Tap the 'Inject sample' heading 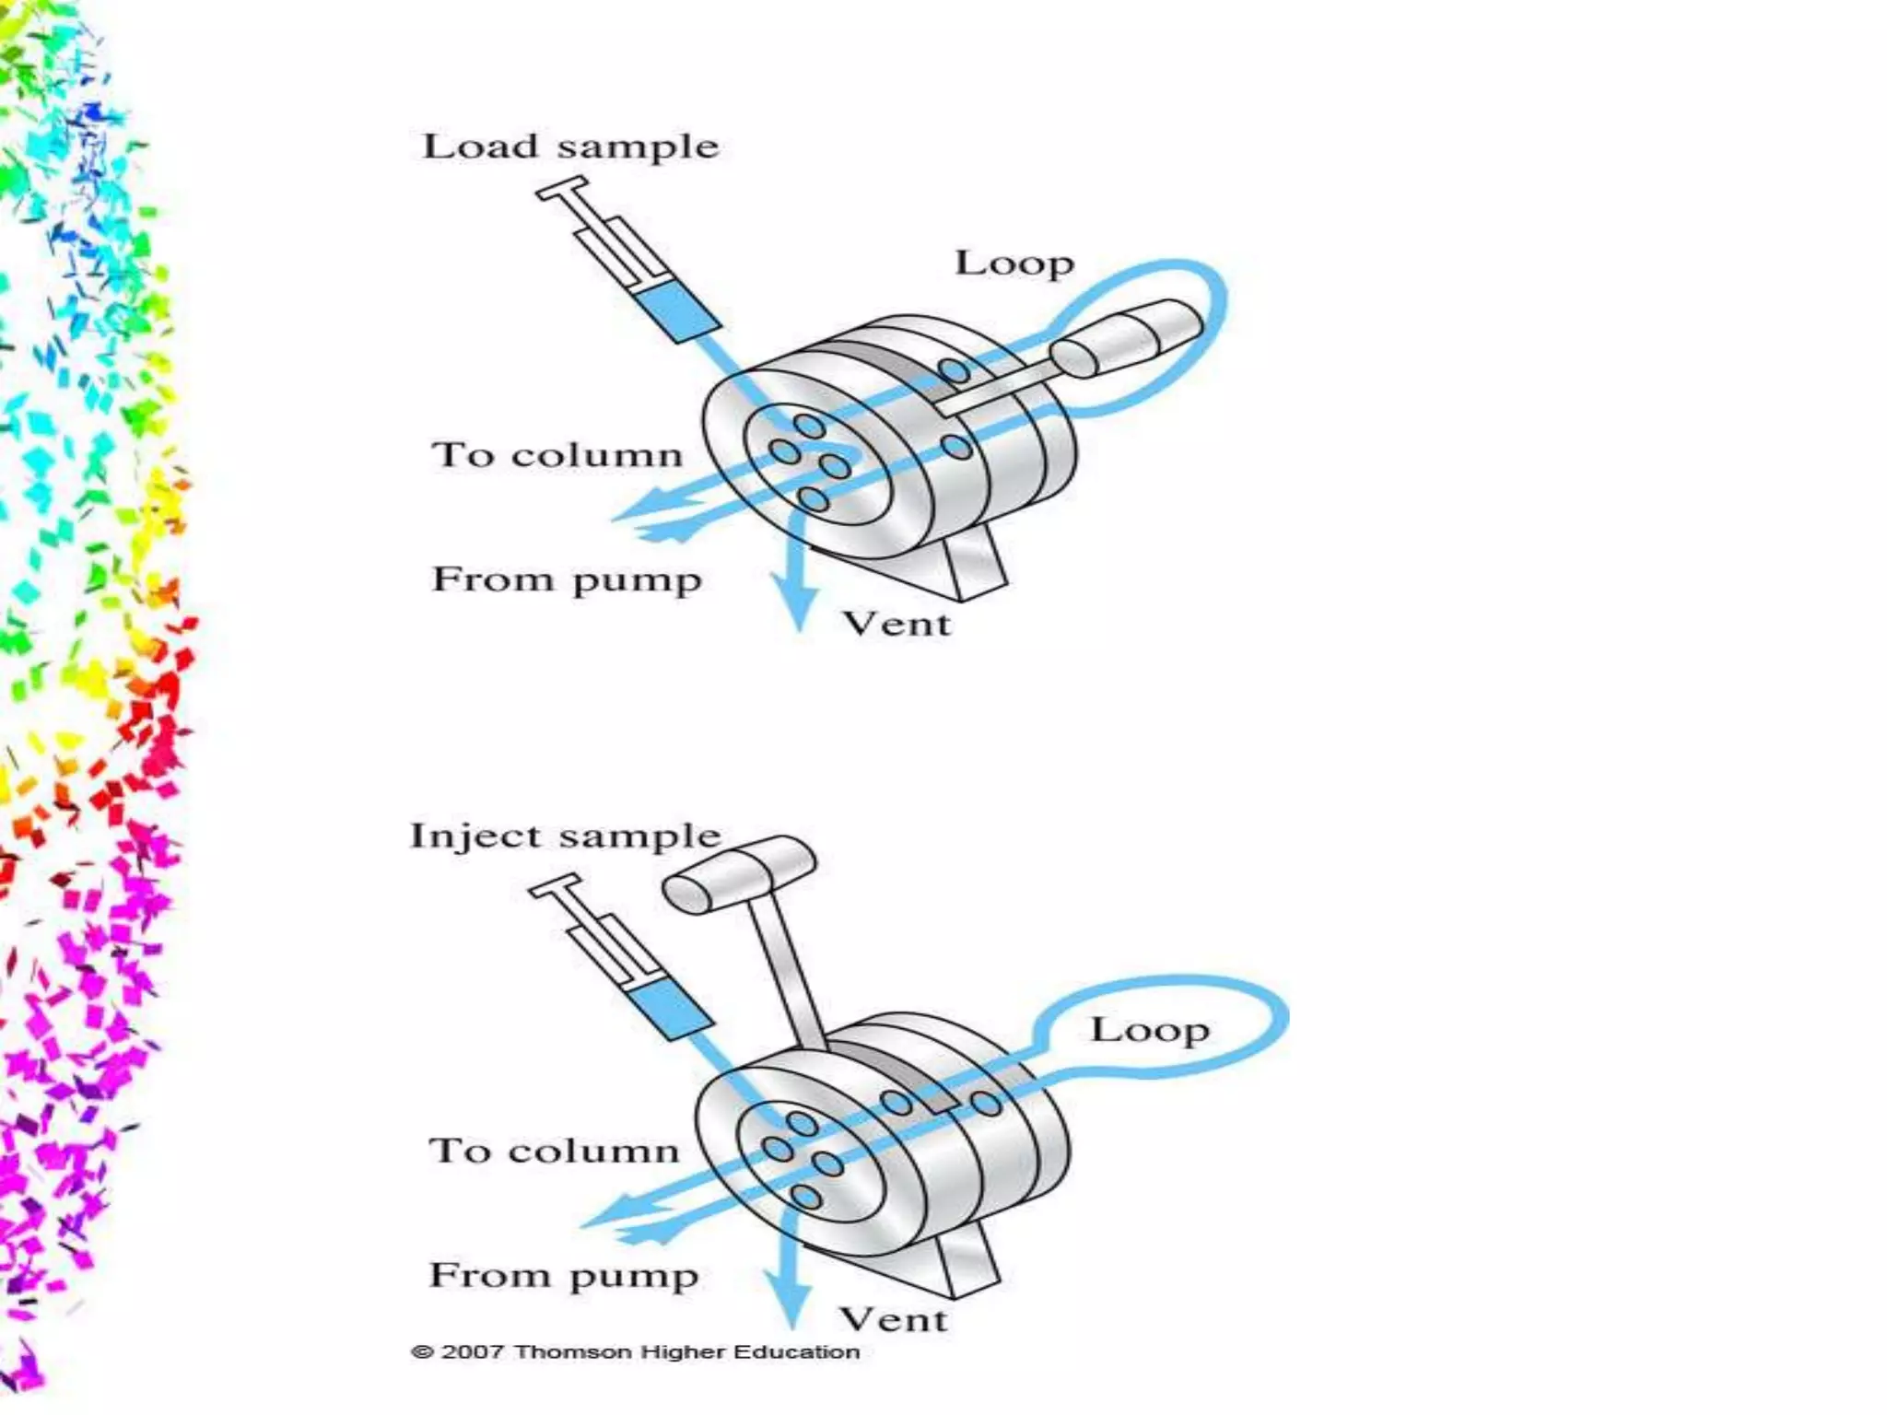tap(565, 836)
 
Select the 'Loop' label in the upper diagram tap(1014, 263)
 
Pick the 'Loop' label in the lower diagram tap(1150, 1029)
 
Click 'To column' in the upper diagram tap(557, 455)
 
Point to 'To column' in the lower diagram tap(554, 1151)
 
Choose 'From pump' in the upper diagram tap(567, 580)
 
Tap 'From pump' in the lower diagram tap(564, 1276)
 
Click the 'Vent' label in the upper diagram tap(897, 624)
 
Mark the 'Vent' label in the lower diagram tap(893, 1320)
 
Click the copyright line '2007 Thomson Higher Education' tap(635, 1352)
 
